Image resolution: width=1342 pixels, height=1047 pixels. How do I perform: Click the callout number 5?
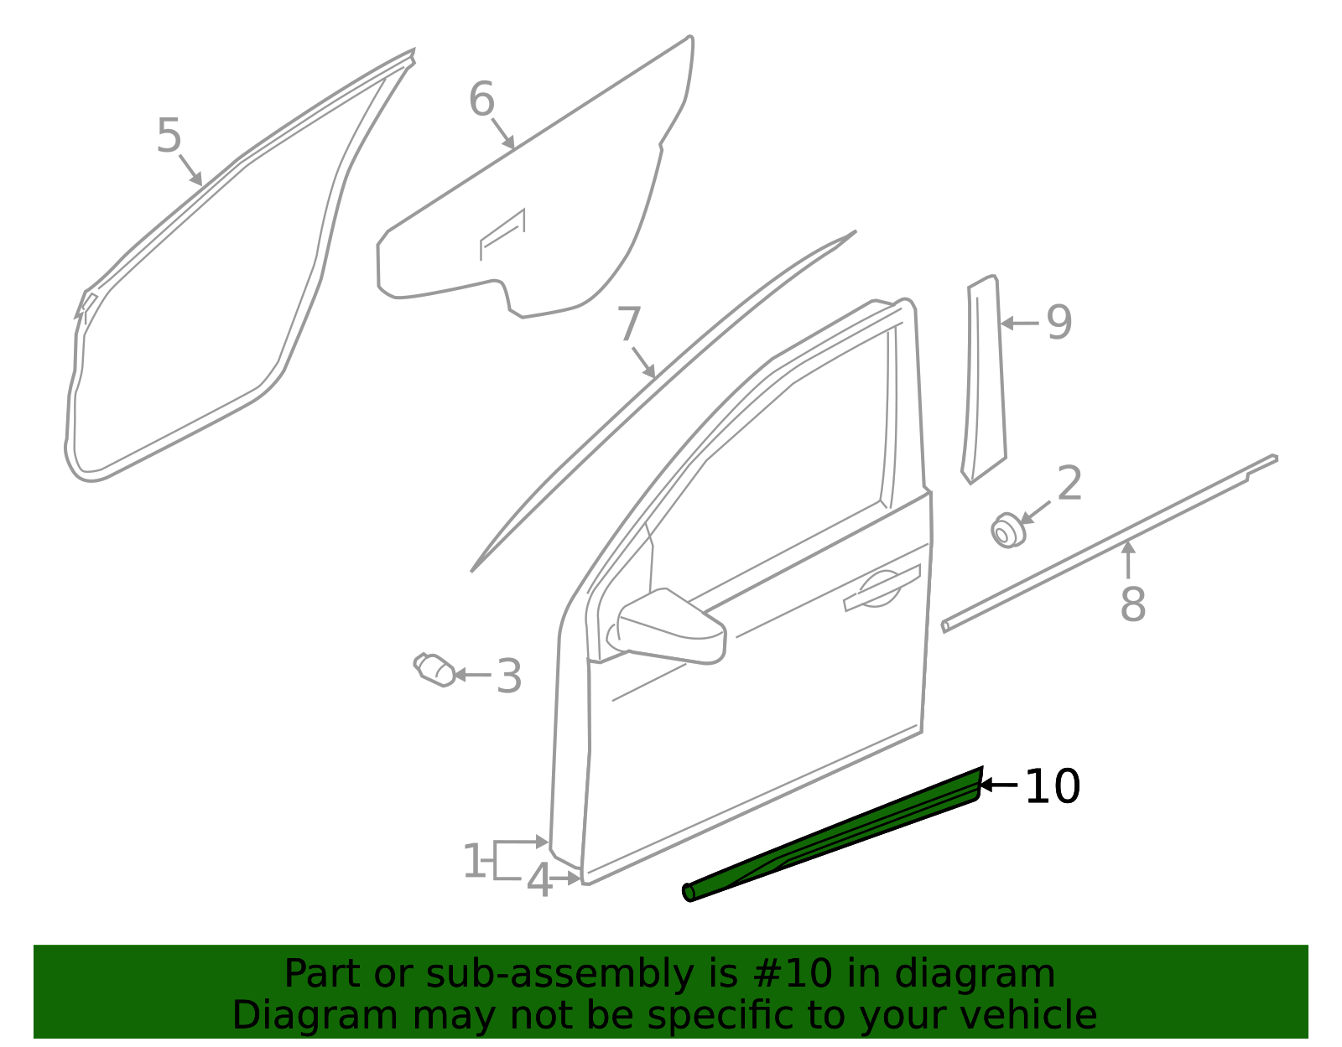(169, 136)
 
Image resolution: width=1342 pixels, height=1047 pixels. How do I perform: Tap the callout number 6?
(481, 100)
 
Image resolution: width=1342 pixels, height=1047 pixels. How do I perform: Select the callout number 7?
(629, 324)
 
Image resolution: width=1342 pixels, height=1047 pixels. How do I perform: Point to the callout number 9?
(1059, 322)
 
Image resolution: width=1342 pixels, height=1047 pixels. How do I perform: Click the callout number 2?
(1069, 484)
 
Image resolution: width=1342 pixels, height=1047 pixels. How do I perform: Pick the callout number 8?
(1132, 604)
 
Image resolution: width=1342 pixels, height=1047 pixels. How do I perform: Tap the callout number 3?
(508, 676)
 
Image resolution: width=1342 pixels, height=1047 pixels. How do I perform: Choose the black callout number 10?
(1053, 786)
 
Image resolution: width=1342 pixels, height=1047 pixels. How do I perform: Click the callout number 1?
(474, 862)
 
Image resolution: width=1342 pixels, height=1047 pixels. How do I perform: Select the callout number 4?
(539, 881)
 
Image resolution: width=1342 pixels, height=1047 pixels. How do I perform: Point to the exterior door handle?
(881, 587)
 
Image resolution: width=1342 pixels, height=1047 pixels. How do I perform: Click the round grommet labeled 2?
(1006, 531)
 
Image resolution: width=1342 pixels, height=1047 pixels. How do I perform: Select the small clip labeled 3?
(436, 670)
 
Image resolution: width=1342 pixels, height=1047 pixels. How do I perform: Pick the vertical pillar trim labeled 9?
(984, 377)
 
